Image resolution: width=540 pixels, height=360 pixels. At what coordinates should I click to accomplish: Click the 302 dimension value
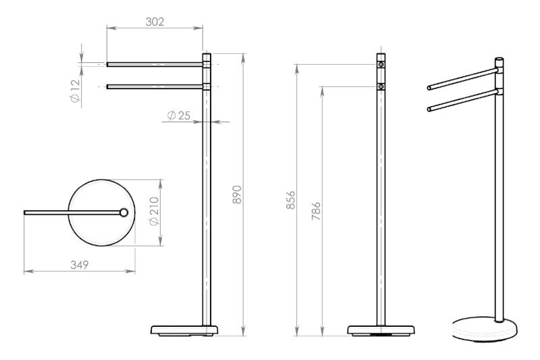tap(155, 22)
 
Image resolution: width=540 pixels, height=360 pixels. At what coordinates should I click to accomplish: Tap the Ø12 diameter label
tap(75, 91)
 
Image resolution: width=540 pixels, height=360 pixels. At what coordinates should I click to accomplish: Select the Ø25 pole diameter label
tap(178, 115)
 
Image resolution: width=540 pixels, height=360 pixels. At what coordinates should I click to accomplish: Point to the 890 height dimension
tap(237, 195)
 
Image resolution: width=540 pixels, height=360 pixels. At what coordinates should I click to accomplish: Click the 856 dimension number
tap(291, 200)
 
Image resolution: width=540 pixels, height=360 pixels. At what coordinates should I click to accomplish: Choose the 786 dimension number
tap(316, 211)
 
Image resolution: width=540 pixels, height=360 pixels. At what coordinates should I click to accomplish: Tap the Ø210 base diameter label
tap(154, 211)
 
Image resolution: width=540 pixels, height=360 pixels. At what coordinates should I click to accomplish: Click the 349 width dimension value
tap(79, 265)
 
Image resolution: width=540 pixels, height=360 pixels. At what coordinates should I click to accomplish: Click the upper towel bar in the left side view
tap(155, 64)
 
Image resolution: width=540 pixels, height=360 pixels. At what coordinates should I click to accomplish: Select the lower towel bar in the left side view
tap(155, 86)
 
